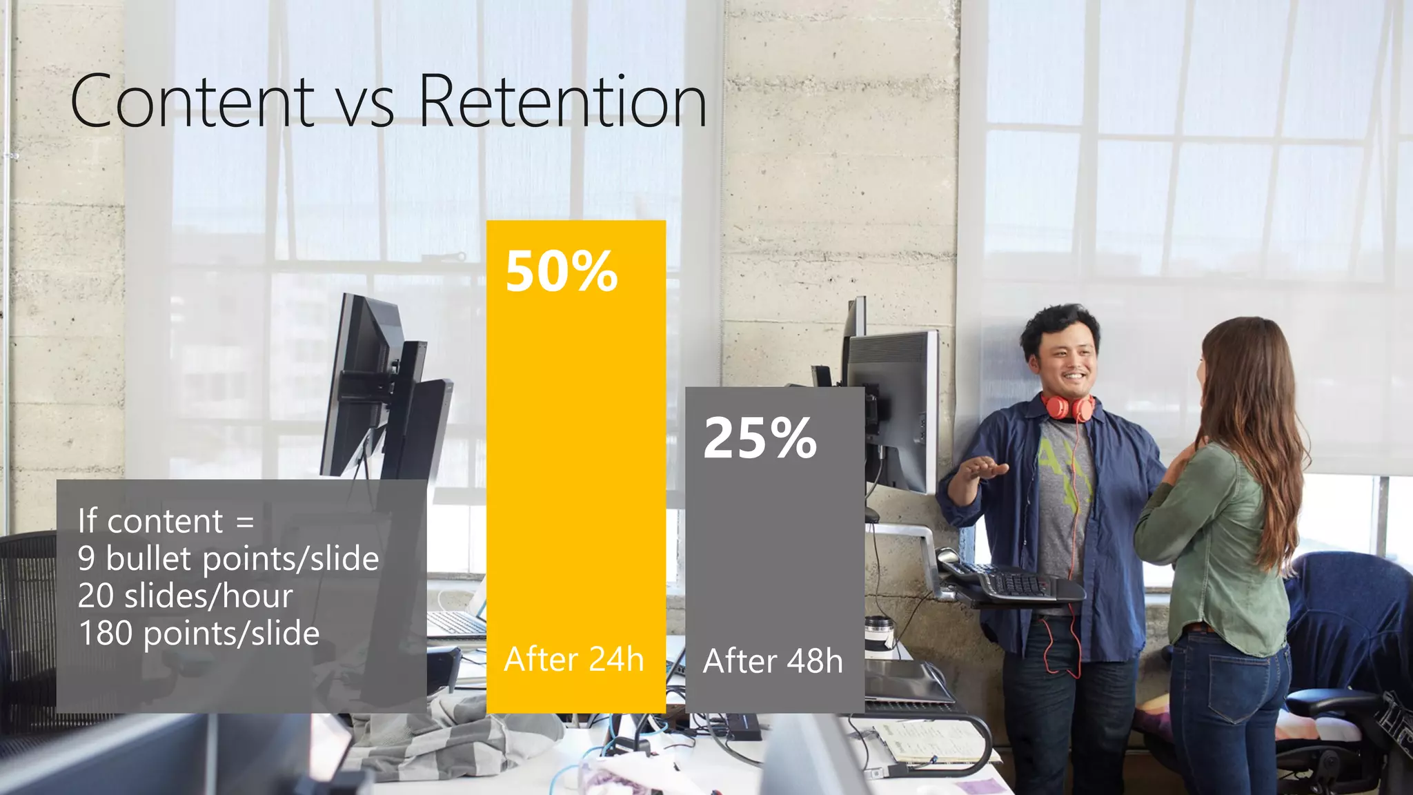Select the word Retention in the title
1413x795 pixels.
[562, 102]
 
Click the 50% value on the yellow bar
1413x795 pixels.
[562, 271]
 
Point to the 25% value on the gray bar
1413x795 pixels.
[760, 438]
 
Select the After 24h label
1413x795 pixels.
[574, 659]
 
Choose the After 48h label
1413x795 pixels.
[773, 661]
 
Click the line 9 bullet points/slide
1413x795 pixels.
[228, 559]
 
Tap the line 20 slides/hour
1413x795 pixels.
[186, 596]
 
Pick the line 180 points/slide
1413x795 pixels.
[199, 634]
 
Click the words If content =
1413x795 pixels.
[166, 521]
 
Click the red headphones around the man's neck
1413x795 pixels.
[1067, 407]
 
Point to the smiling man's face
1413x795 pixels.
[1067, 359]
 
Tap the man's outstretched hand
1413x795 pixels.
[982, 469]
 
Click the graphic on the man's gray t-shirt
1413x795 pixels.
[1063, 469]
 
